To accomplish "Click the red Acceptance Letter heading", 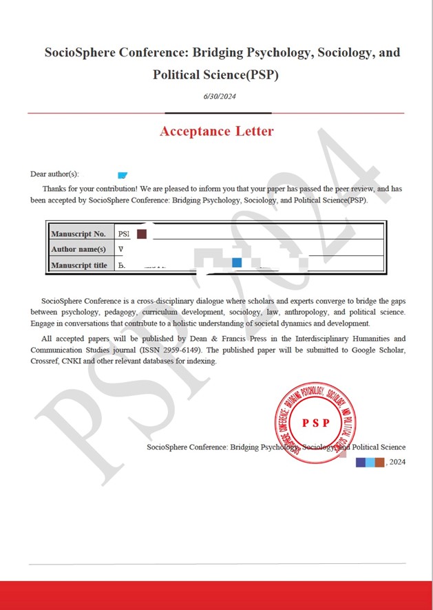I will [216, 132].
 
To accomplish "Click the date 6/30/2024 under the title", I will [220, 96].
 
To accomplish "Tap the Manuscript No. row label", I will [78, 234].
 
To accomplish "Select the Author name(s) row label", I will [78, 249].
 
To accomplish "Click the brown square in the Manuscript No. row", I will [142, 234].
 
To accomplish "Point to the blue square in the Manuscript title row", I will [237, 262].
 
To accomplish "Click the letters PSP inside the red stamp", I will [315, 423].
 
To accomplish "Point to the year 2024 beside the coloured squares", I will [397, 462].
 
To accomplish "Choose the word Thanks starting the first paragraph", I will [55, 188].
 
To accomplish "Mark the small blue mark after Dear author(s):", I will [123, 176].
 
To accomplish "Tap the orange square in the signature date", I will [379, 462].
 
